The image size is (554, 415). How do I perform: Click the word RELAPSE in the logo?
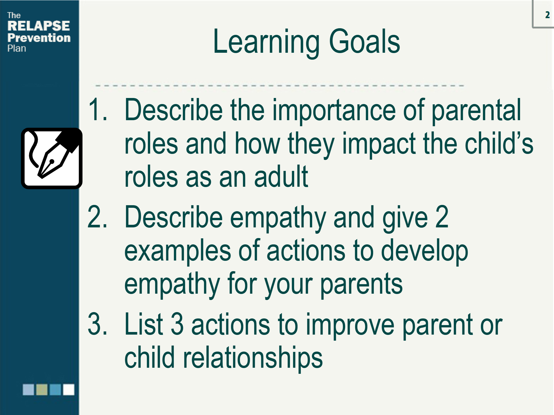(x=39, y=26)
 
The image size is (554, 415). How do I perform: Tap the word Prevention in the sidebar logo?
(x=39, y=38)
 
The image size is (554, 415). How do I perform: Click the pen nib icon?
(x=52, y=158)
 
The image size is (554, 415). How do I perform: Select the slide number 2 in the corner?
(x=547, y=15)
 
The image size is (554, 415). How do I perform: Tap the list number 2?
(x=97, y=217)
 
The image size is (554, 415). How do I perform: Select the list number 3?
(x=97, y=324)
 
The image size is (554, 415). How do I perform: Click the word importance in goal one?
(x=334, y=111)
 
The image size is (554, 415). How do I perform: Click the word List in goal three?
(x=144, y=324)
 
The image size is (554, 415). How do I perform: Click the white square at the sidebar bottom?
(x=69, y=389)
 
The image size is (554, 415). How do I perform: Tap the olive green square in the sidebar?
(x=42, y=389)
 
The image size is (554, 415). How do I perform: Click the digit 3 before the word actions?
(x=177, y=325)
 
